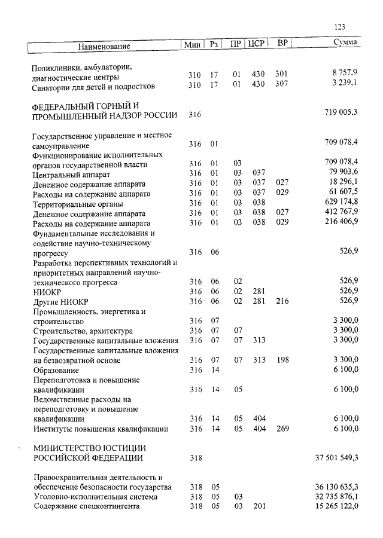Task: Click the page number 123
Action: [x=339, y=26]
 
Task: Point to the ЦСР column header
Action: [x=256, y=43]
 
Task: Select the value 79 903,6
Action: [x=341, y=174]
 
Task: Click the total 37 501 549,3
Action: [x=336, y=458]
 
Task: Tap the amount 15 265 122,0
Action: [x=336, y=506]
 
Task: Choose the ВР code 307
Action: [x=281, y=84]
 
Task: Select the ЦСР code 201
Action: [x=258, y=506]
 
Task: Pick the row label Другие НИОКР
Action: [x=58, y=301]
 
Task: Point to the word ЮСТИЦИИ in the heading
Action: [x=117, y=447]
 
